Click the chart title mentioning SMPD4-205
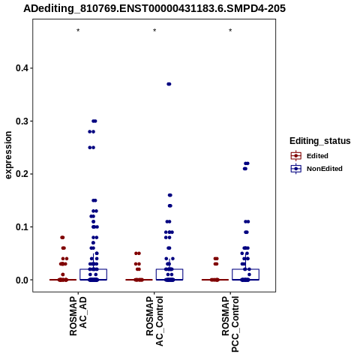154,9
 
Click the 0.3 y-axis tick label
22,121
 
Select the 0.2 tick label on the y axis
22,174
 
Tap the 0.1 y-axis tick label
22,227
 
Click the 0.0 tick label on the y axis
22,280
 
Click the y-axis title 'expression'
8,155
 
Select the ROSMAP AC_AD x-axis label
78,316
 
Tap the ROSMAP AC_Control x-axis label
154,321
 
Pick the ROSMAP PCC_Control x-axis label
230,324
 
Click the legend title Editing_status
320,141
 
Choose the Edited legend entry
310,156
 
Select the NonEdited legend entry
316,169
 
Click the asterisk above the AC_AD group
78,31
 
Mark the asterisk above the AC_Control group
154,31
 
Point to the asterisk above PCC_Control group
230,31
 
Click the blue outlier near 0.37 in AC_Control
169,84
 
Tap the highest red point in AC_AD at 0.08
62,238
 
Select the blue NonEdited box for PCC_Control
245,274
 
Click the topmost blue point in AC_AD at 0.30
94,121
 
